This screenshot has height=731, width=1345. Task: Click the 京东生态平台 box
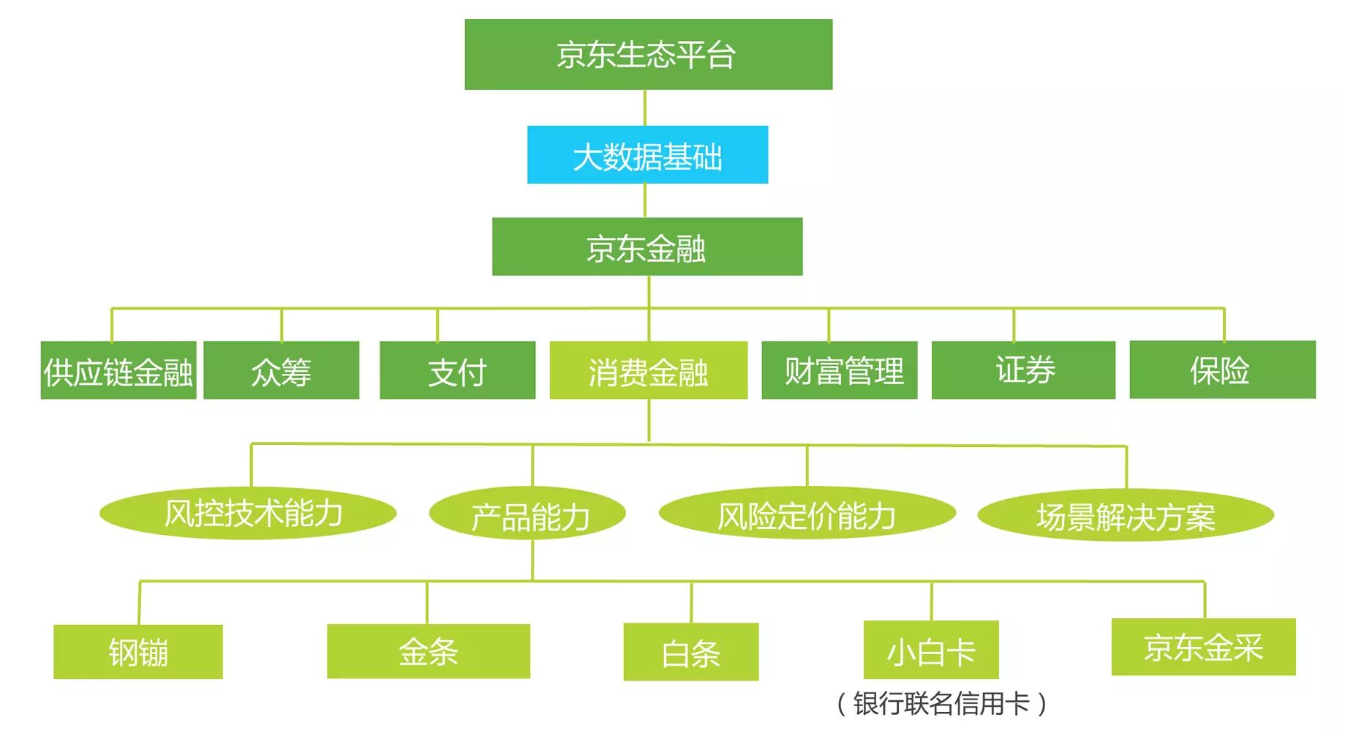tap(648, 55)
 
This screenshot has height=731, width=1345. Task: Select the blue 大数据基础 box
tap(647, 155)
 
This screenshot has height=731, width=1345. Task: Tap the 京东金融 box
tap(647, 247)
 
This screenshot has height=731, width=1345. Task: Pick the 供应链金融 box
tap(118, 370)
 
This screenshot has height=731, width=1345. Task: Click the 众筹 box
tap(281, 370)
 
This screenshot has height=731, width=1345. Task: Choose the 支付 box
tap(457, 370)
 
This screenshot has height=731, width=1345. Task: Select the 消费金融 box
tap(648, 370)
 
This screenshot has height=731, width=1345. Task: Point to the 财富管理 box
tap(839, 370)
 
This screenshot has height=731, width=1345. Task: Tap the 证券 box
tap(1023, 370)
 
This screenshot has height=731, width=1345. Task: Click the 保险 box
tap(1222, 370)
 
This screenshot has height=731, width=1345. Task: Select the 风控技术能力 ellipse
tap(248, 514)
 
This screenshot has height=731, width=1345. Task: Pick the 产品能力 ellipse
tap(527, 514)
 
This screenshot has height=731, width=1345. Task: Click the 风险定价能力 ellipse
tap(807, 514)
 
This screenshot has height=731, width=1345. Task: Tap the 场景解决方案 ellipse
tap(1126, 515)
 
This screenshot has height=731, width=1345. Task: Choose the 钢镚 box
tap(138, 652)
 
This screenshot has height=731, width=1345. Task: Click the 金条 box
tap(429, 651)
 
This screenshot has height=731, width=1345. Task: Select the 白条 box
tap(690, 652)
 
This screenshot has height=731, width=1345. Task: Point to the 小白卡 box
tap(931, 651)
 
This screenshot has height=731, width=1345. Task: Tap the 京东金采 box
tap(1203, 647)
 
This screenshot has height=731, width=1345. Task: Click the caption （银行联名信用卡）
tap(941, 704)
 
